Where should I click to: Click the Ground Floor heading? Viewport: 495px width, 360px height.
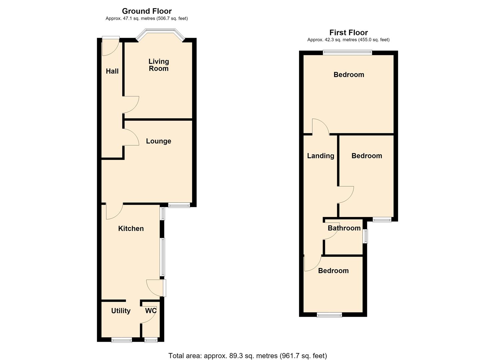click(147, 11)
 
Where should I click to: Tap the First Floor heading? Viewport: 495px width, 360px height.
click(348, 32)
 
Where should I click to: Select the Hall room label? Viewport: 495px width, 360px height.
click(112, 71)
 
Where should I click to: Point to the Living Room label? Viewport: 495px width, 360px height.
click(159, 65)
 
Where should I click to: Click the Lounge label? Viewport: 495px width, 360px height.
click(158, 141)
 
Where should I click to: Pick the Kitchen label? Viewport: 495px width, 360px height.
click(131, 229)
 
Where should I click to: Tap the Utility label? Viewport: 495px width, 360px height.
click(121, 311)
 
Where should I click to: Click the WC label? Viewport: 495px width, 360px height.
click(151, 311)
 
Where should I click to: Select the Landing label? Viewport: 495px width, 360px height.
click(320, 156)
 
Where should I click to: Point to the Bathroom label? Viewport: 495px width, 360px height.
click(344, 228)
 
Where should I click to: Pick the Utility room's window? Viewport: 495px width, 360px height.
click(122, 340)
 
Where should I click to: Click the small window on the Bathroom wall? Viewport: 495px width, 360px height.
click(366, 236)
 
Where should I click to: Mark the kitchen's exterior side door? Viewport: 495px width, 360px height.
click(156, 288)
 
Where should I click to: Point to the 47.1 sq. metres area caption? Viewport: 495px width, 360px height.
click(147, 19)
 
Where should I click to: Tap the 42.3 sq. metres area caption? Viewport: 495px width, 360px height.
click(348, 40)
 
